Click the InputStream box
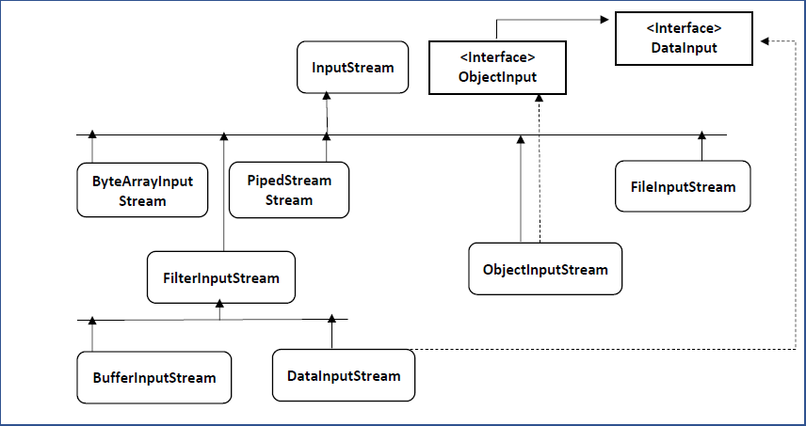(353, 67)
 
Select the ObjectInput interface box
(497, 68)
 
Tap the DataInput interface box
(684, 39)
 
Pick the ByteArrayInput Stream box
(143, 190)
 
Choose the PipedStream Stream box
(288, 190)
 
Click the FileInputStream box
(683, 186)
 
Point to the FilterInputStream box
(221, 277)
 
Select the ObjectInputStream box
(545, 269)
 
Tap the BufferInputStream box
(154, 377)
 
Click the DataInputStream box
(343, 375)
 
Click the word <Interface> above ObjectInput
(497, 57)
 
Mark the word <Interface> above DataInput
(684, 29)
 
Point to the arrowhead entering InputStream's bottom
(326, 95)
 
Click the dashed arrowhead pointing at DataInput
(764, 41)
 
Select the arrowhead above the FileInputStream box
(701, 134)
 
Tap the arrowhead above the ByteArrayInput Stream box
(92, 134)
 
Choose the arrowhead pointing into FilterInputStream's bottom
(219, 304)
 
